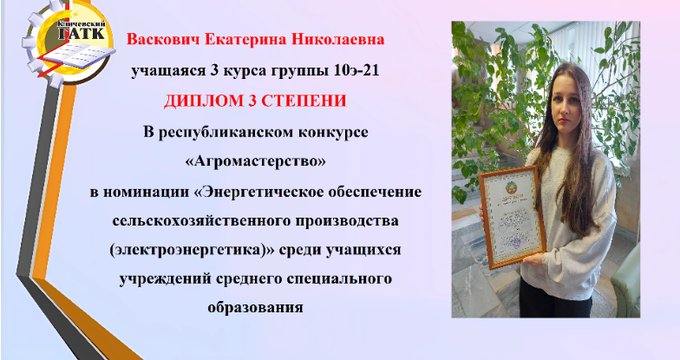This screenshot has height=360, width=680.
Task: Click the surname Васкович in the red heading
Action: click(163, 40)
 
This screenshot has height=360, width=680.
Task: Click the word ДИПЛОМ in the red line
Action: click(198, 101)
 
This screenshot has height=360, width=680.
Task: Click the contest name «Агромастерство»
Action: click(255, 161)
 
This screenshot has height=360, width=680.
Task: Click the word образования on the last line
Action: click(255, 307)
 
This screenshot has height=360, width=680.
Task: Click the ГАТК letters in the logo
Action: click(82, 33)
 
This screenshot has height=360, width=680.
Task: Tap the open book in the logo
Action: click(78, 56)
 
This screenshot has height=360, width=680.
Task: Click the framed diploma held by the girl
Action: click(512, 217)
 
